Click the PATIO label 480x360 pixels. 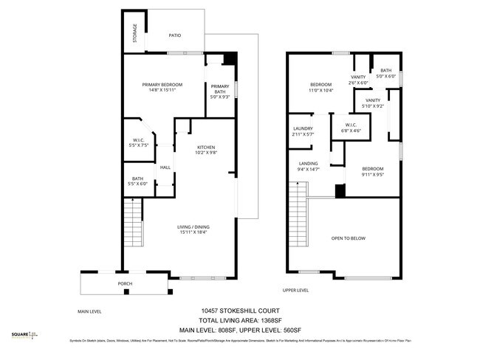coord(174,35)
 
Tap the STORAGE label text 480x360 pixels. coord(134,33)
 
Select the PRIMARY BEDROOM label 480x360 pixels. coord(162,85)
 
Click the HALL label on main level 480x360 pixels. coord(165,167)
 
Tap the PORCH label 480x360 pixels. coord(125,283)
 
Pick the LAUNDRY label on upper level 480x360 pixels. coord(303,128)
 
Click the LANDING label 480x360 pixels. coord(308,164)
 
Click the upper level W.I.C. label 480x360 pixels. coord(351,125)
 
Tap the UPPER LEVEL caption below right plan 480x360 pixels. coord(295,290)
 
